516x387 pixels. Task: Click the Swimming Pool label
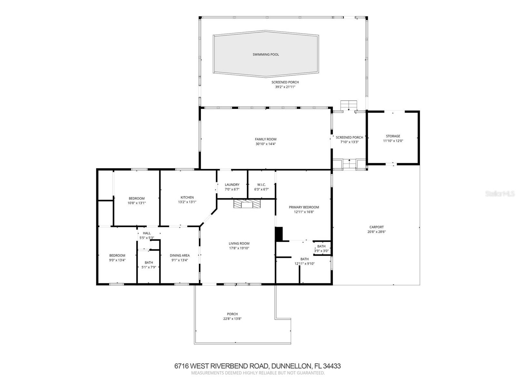click(266, 55)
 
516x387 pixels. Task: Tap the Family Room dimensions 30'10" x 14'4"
click(266, 144)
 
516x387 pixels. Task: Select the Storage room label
click(393, 136)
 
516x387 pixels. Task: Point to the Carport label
click(376, 227)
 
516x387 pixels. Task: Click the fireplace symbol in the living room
click(247, 204)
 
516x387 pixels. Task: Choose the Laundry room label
click(232, 185)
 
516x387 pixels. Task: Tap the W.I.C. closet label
click(262, 185)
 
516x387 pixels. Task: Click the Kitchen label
click(187, 197)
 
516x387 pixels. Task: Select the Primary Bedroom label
click(304, 207)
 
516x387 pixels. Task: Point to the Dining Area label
click(180, 255)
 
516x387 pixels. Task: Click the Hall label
click(147, 233)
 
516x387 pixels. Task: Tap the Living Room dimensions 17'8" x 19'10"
click(239, 248)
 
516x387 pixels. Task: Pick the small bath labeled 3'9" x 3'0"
click(321, 249)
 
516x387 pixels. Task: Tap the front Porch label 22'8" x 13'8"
click(232, 316)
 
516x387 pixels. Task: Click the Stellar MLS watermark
click(500, 193)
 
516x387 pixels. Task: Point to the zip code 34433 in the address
click(332, 366)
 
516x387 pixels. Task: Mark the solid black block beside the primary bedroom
click(279, 234)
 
